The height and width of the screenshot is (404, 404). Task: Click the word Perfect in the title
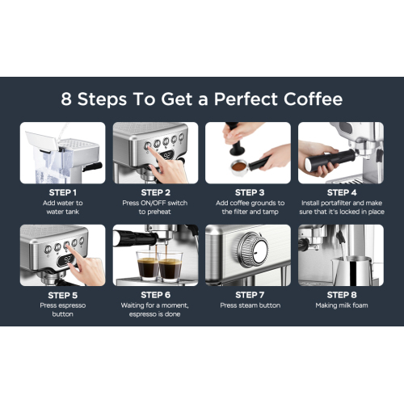[x=246, y=99]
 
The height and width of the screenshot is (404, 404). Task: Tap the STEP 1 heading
[x=63, y=192]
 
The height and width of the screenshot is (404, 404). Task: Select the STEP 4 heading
[x=342, y=192]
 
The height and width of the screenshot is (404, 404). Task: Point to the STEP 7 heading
[x=250, y=295]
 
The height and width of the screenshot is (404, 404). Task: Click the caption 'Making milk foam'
[x=342, y=305]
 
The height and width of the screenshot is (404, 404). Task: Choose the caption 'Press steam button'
[x=250, y=305]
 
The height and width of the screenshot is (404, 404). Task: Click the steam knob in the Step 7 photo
[x=253, y=250]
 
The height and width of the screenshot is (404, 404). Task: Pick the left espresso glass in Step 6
[x=148, y=266]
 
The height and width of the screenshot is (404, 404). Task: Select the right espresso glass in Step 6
[x=170, y=267]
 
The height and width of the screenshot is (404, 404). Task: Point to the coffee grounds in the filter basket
[x=238, y=166]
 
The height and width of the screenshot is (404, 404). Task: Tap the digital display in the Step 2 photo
[x=167, y=156]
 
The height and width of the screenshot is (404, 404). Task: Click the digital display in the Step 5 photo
[x=65, y=259]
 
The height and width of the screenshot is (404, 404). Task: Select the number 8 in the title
[x=66, y=99]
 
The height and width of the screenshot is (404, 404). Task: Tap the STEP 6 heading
[x=156, y=295]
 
